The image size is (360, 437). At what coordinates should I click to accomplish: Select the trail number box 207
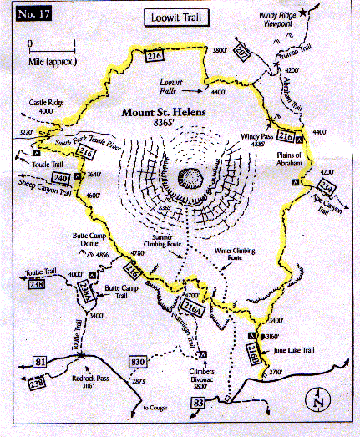(x=243, y=55)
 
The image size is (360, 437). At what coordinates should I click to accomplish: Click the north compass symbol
(x=317, y=400)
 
